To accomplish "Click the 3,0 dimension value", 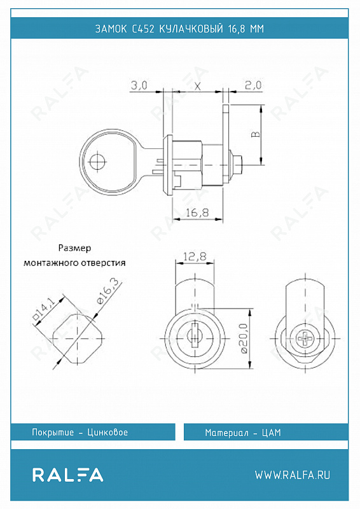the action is coord(139,86).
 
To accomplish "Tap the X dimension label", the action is coord(197,87).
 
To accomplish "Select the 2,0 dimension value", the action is coord(253,85).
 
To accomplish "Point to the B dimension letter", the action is coord(256,134).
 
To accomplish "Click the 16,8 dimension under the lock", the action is coord(197,213).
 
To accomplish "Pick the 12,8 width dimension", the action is coord(195,257).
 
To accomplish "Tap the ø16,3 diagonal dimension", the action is coord(109,291).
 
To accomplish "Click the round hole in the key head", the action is coord(98,162).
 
